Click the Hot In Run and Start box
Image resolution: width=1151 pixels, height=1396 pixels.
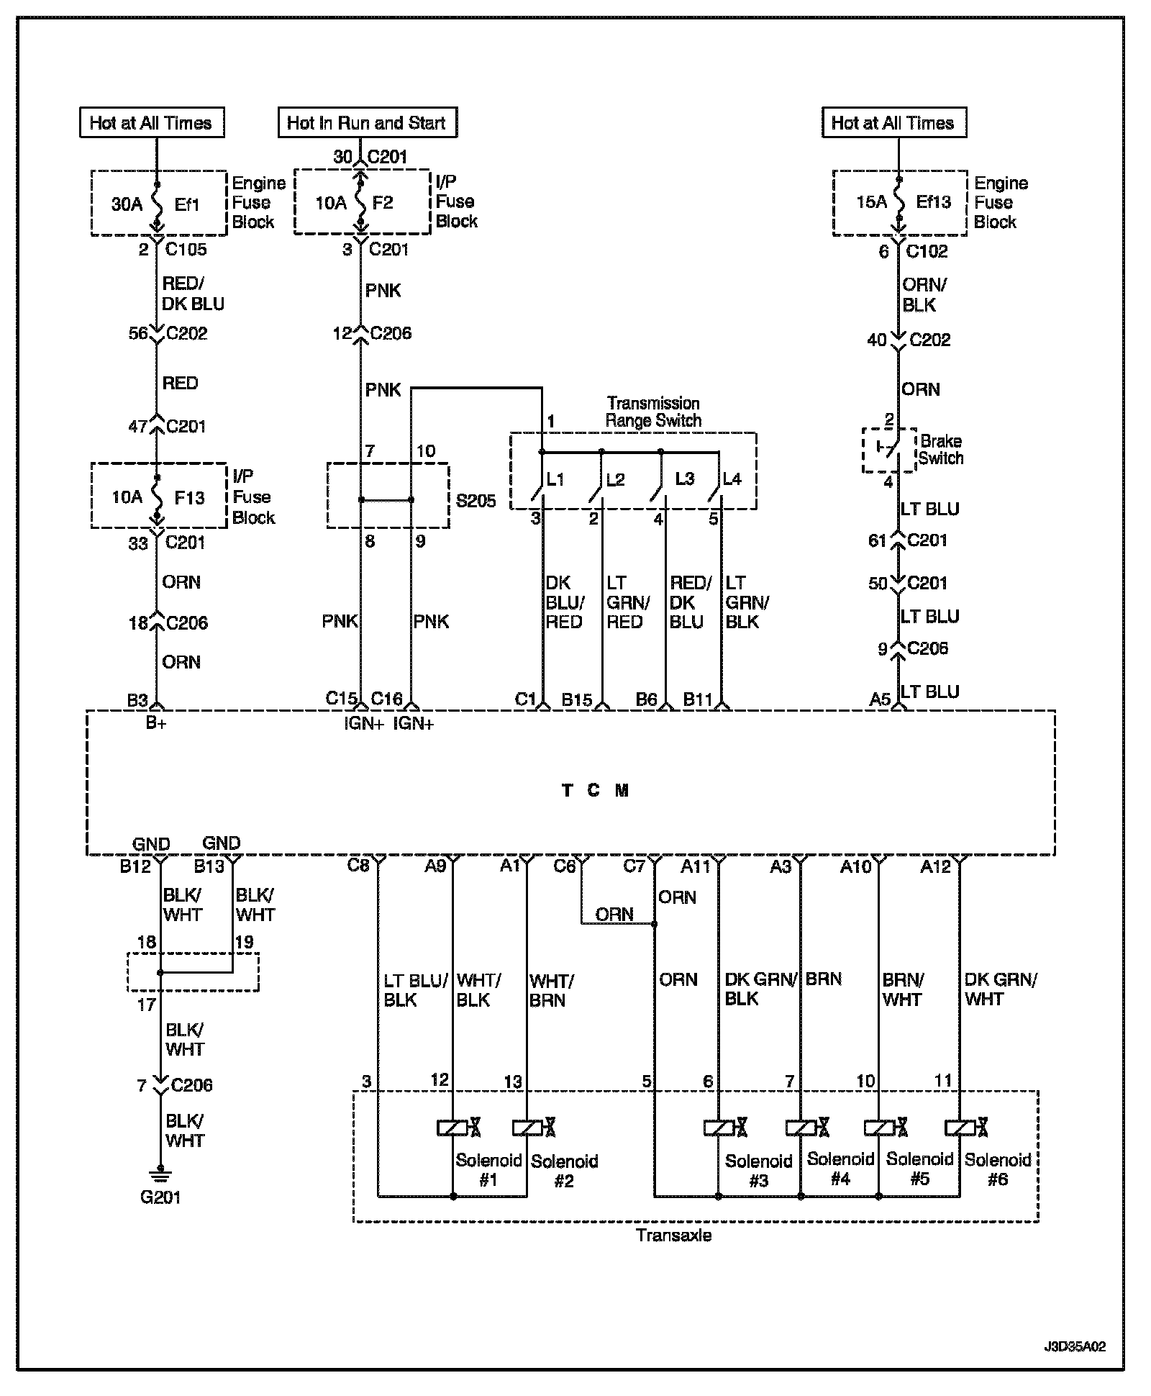[367, 122]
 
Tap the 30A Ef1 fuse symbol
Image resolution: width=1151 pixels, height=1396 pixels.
[157, 204]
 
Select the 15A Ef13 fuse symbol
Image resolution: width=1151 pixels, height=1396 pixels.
[898, 202]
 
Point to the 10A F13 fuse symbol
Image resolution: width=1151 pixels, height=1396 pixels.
[157, 497]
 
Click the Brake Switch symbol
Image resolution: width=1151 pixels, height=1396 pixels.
[889, 449]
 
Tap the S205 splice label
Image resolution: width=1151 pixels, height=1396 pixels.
[476, 501]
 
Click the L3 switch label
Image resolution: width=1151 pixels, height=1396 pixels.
[684, 479]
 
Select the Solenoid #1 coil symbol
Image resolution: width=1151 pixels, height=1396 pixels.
[452, 1128]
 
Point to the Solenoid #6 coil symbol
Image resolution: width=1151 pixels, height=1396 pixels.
[960, 1128]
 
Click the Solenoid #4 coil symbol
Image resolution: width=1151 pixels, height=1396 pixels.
[800, 1128]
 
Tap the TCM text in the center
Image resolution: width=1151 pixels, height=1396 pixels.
[595, 790]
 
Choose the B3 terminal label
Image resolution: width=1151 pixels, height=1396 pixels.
[137, 700]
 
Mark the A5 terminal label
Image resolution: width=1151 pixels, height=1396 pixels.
[880, 699]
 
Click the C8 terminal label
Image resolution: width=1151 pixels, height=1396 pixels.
[358, 865]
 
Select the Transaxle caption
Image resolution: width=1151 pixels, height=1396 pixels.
[674, 1236]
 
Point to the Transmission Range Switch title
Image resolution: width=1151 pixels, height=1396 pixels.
[653, 412]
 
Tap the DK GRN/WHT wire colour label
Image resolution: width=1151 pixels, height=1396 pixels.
[1001, 989]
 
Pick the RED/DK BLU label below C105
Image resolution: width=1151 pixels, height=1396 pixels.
[193, 294]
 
